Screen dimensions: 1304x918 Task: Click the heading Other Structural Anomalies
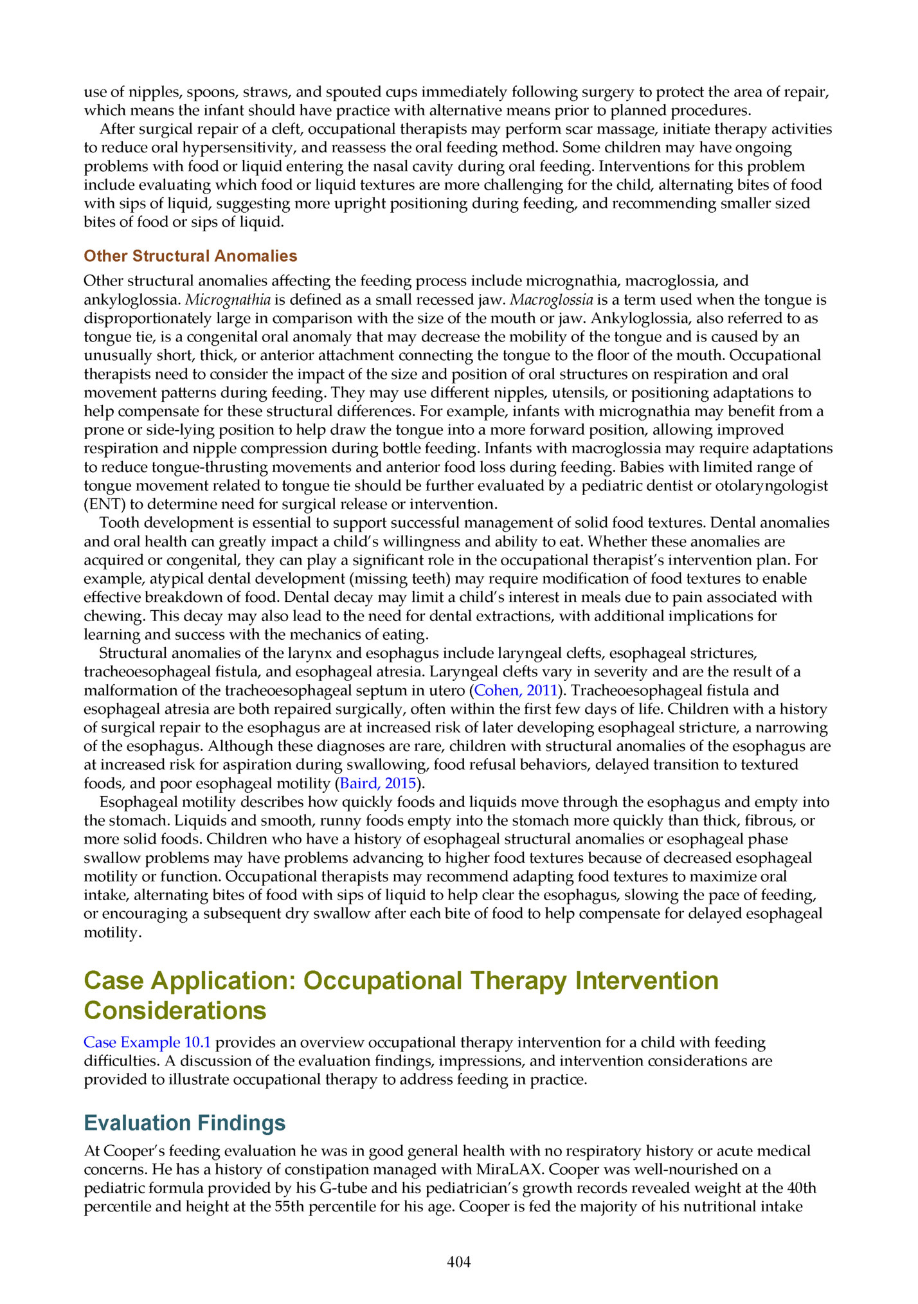pos(190,256)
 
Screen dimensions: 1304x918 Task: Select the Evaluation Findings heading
pos(184,1123)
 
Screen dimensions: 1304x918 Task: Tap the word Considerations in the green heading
pos(175,1010)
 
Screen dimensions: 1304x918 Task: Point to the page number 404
pos(459,1262)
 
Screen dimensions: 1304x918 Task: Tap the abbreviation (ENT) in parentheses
pos(104,504)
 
